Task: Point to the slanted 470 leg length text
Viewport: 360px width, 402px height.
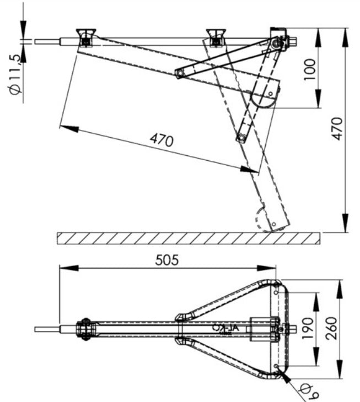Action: [162, 140]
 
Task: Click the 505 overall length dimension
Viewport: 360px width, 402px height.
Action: [167, 259]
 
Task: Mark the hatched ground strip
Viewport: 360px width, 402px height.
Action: [187, 238]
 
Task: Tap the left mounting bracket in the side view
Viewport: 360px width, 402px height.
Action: [85, 37]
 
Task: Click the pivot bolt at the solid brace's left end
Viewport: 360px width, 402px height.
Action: [179, 73]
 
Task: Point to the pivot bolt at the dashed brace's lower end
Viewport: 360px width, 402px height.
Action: [241, 138]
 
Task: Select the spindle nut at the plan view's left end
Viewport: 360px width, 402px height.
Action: [85, 329]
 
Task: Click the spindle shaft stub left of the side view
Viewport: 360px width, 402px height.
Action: [47, 41]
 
